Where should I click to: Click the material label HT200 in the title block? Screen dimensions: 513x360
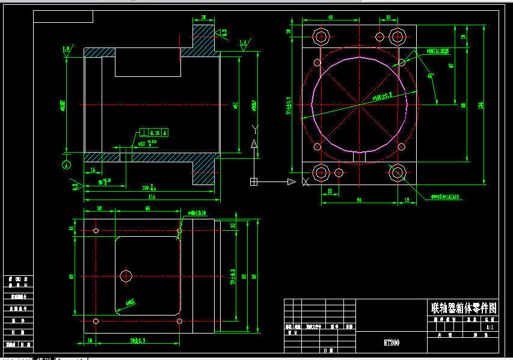pos(392,343)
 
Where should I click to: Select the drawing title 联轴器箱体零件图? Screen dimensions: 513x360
pos(464,308)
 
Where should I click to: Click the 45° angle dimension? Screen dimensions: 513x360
pos(431,76)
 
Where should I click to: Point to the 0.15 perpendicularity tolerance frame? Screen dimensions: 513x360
pos(155,132)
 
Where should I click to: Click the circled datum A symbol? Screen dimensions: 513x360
pos(66,162)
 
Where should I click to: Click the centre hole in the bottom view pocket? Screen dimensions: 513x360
pos(126,276)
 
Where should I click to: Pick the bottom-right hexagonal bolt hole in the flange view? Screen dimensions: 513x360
pos(397,174)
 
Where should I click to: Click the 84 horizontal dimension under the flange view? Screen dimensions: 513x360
pos(359,200)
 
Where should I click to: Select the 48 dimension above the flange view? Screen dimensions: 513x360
pos(330,18)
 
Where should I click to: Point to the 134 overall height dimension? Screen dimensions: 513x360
pos(479,105)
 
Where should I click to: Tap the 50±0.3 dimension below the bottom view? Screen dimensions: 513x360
pos(138,341)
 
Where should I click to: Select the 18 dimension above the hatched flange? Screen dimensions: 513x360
pos(203,17)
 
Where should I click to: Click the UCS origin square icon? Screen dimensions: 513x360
pos(254,181)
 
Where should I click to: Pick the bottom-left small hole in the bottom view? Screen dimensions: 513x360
pos(96,321)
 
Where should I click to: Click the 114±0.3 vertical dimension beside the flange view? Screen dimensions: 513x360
pos(289,105)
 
